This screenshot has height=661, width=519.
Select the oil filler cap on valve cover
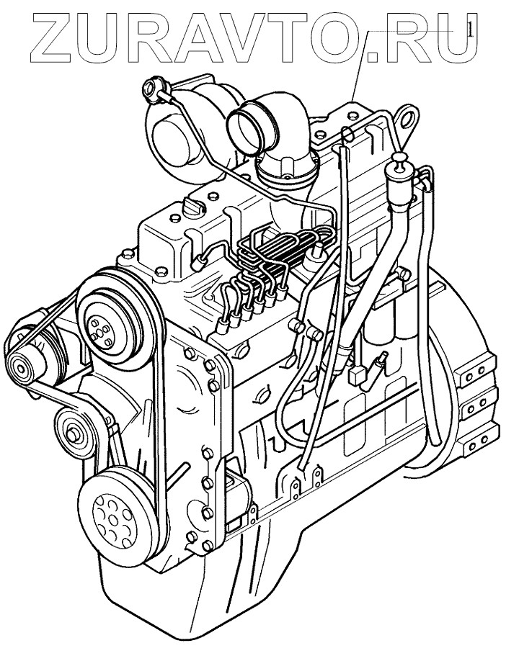coord(192,208)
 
